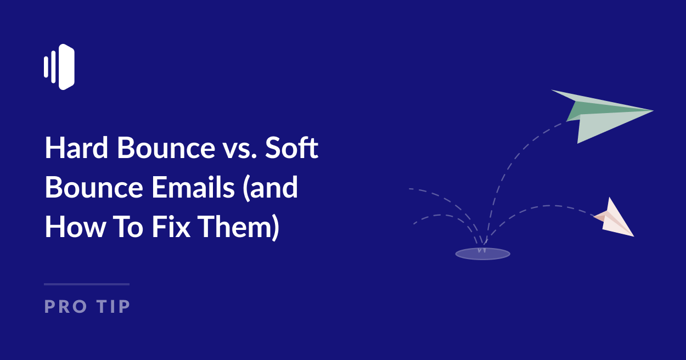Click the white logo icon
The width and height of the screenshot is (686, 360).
[x=59, y=67]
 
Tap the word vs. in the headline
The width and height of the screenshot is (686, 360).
[x=240, y=149]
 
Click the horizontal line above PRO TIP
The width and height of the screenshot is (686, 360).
[x=87, y=284]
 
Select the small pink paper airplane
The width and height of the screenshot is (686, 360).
[x=615, y=218]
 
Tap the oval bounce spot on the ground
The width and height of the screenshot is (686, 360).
[x=482, y=254]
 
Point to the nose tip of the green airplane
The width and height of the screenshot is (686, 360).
[x=651, y=111]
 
